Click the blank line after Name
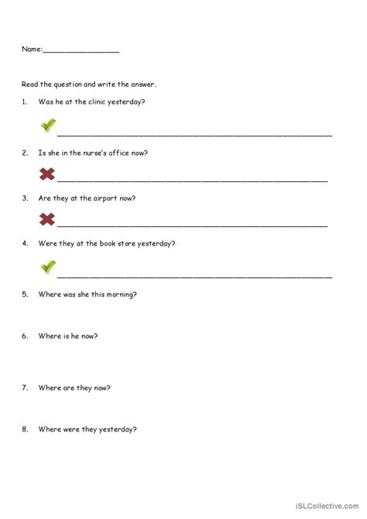[81, 51]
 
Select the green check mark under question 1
[48, 125]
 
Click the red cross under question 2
[47, 174]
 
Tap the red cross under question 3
[47, 219]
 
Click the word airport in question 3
[105, 198]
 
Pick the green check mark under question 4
[48, 267]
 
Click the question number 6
[25, 335]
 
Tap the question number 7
[25, 387]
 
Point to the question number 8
[25, 429]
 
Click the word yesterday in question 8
[120, 429]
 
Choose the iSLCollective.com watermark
[326, 507]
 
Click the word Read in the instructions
[29, 83]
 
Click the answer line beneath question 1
[194, 135]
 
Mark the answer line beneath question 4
[194, 276]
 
